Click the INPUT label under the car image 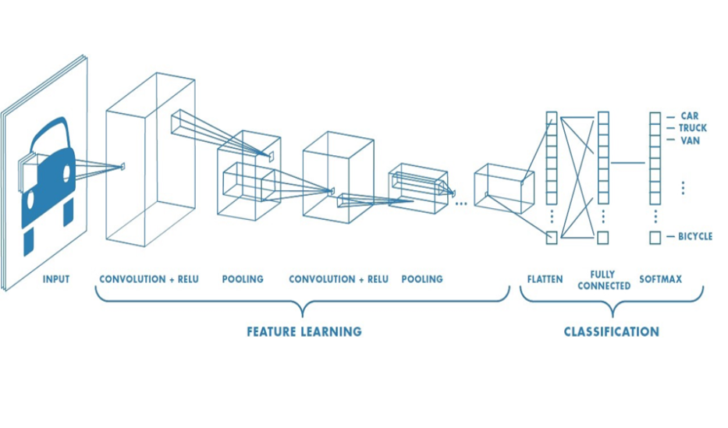[55, 279]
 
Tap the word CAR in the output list [689, 115]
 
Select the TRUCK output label [693, 128]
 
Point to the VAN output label [690, 141]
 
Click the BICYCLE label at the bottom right [694, 236]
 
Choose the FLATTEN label [545, 279]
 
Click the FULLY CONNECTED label [605, 280]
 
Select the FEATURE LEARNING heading [304, 331]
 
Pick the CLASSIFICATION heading [611, 331]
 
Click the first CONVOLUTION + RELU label [149, 279]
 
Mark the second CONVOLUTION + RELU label [339, 279]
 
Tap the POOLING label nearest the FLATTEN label [421, 279]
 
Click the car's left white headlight [31, 200]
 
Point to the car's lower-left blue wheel [29, 241]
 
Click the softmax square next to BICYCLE [655, 237]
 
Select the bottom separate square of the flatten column [552, 237]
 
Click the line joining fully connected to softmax [628, 163]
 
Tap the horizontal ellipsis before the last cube [460, 203]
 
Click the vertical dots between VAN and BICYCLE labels [682, 188]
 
